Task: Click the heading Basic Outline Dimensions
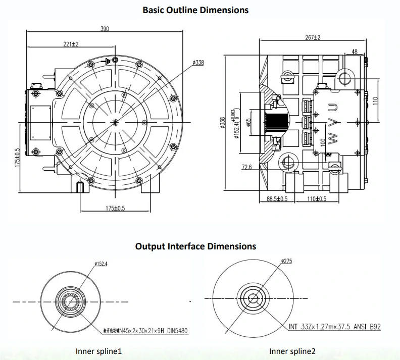(195, 10)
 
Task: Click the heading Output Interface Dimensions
(195, 246)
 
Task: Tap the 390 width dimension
(105, 29)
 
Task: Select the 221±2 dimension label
(71, 44)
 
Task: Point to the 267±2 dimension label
(313, 37)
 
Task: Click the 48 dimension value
(354, 52)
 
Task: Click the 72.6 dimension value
(247, 167)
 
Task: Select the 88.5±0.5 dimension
(277, 199)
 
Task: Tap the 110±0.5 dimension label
(317, 199)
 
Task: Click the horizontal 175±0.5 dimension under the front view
(116, 209)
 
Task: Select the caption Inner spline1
(98, 351)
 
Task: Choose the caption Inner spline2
(292, 351)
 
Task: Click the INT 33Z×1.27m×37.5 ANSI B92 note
(335, 327)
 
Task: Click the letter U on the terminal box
(332, 107)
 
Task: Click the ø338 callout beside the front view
(198, 63)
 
